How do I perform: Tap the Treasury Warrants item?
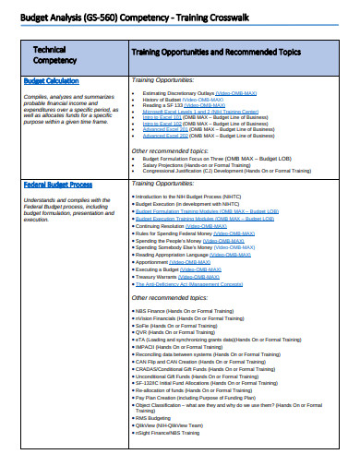[179, 276]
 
